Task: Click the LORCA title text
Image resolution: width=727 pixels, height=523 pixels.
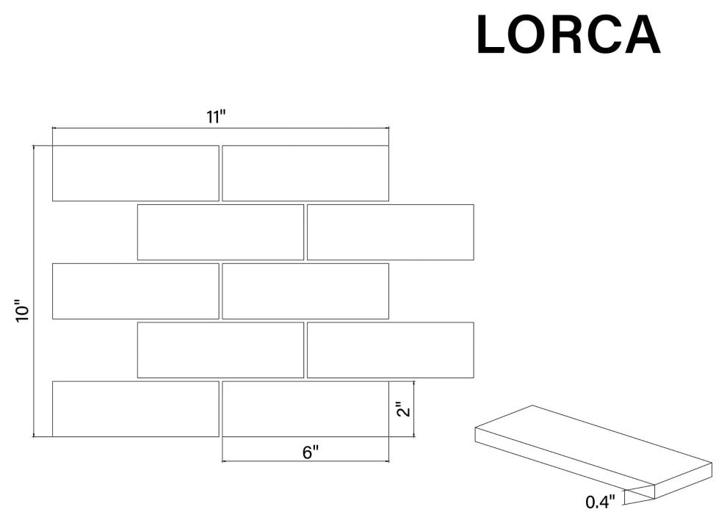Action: [568, 35]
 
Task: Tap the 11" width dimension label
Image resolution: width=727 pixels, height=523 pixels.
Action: [216, 117]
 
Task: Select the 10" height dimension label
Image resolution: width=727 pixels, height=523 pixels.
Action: [22, 314]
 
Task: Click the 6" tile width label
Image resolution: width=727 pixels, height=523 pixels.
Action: [311, 452]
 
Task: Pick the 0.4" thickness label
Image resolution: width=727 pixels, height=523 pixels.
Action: [600, 502]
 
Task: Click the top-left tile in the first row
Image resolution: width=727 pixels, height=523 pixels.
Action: [135, 173]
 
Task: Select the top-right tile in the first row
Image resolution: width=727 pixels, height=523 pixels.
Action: [305, 173]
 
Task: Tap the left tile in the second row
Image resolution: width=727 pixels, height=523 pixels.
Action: [221, 232]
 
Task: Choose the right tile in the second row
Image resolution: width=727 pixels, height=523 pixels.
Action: [391, 232]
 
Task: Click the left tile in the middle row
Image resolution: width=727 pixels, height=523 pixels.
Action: [135, 291]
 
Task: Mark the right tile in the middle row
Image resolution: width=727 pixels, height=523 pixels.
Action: [305, 291]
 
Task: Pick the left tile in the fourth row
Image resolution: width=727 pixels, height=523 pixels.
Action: [221, 350]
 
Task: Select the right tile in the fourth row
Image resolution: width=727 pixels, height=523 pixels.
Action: [391, 350]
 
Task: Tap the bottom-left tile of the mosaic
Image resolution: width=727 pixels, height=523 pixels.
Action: [135, 409]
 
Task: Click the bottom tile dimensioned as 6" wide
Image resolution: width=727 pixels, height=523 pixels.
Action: [305, 409]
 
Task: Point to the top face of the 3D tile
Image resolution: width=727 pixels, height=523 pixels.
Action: [593, 445]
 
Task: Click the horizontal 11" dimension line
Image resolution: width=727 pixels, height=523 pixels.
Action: [220, 128]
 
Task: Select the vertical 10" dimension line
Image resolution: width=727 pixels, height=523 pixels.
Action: [34, 291]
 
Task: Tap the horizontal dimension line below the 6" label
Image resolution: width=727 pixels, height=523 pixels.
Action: [305, 461]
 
